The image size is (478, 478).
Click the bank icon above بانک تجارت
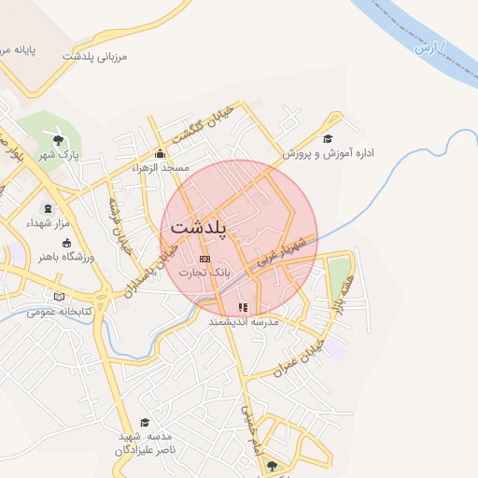pyautogui.click(x=205, y=259)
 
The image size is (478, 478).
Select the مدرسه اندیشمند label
pyautogui.click(x=244, y=321)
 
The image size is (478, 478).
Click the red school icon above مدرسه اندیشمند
pyautogui.click(x=244, y=307)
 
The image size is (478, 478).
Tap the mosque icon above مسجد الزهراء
pyautogui.click(x=160, y=154)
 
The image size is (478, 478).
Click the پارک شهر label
pyautogui.click(x=58, y=153)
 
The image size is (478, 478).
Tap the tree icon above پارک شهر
pyautogui.click(x=58, y=139)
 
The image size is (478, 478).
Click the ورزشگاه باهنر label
pyautogui.click(x=63, y=255)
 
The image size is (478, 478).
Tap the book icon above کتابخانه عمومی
pyautogui.click(x=61, y=297)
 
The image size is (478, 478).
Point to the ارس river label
pyautogui.click(x=428, y=47)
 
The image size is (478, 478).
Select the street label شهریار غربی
pyautogui.click(x=279, y=254)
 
